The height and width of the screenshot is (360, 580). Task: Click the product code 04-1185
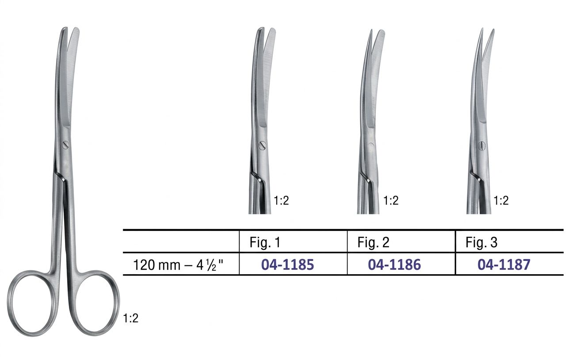287,264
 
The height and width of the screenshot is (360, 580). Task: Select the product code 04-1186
394,264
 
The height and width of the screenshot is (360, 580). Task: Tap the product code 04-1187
504,264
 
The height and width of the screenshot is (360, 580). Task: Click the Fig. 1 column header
265,242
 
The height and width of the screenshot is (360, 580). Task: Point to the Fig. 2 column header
373,242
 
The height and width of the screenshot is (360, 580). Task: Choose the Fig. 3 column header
481,242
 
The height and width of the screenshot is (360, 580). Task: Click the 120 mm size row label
178,265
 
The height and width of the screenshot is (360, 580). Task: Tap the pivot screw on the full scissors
65,145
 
